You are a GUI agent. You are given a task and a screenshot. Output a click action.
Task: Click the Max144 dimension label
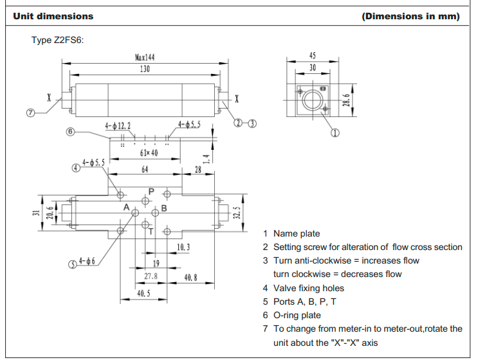[x=145, y=57]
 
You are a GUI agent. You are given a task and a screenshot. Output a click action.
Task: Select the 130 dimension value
[x=145, y=69]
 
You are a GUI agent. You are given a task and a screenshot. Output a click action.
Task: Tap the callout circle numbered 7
[x=30, y=113]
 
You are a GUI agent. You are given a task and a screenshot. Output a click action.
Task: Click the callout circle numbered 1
[x=335, y=133]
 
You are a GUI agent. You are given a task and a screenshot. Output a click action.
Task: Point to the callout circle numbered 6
[x=70, y=132]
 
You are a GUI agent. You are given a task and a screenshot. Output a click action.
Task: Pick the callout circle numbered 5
[x=73, y=264]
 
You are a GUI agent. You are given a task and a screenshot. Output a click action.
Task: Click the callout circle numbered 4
[x=76, y=168]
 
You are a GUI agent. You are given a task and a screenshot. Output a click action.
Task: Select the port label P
[x=151, y=192]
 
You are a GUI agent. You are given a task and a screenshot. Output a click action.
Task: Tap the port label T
[x=151, y=232]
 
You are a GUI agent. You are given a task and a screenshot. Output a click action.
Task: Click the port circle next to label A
[x=135, y=213]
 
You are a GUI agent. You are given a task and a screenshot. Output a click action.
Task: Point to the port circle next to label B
[x=155, y=213]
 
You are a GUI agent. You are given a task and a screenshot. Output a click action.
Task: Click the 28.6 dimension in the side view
[x=346, y=100]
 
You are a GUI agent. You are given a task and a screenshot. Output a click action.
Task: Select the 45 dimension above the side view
[x=313, y=55]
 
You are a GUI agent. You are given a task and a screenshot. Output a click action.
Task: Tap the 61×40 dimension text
[x=149, y=153]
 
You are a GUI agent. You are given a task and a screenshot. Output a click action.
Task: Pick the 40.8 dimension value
[x=190, y=278]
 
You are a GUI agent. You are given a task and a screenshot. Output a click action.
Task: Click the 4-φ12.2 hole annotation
[x=118, y=126]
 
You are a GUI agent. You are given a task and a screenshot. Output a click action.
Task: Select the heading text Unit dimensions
[x=53, y=16]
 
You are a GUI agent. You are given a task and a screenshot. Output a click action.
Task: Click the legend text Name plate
[x=297, y=233]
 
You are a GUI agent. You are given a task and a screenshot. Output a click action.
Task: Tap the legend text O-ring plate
[x=297, y=315]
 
